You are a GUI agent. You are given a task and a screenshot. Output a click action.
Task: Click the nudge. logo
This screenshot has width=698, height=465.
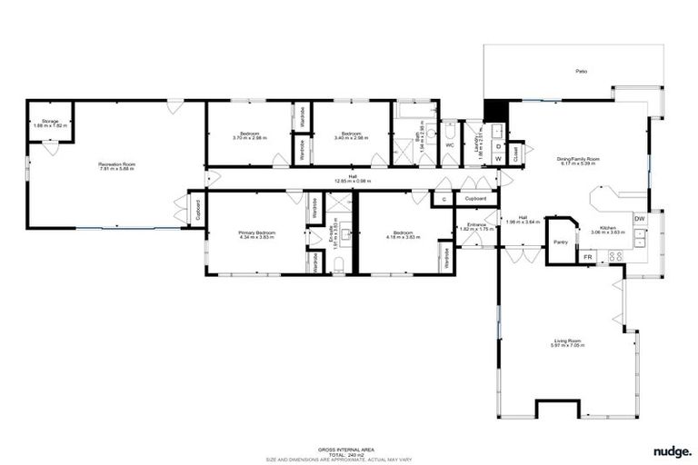point(672,450)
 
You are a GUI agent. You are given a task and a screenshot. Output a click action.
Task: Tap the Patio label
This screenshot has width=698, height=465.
point(579,71)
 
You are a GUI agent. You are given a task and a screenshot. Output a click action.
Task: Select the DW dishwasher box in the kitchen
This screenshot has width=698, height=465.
point(640,219)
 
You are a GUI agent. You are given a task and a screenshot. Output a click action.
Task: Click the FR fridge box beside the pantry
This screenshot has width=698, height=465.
point(588,257)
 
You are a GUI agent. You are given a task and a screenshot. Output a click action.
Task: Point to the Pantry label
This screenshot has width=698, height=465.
point(561,242)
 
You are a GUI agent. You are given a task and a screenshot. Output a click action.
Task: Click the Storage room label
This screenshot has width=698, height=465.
point(45,123)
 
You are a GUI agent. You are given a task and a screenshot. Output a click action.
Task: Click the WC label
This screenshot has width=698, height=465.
point(449,144)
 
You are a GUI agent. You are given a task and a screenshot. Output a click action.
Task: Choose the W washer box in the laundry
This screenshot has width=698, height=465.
point(498,159)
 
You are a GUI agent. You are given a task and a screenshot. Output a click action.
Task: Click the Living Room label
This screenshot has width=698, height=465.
point(568,342)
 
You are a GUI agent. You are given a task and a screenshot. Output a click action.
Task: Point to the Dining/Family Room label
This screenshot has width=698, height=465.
point(578,161)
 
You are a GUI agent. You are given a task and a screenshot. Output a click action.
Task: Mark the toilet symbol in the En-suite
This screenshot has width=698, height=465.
point(338,263)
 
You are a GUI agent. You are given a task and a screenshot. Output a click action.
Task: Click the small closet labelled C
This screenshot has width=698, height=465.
point(444,198)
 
